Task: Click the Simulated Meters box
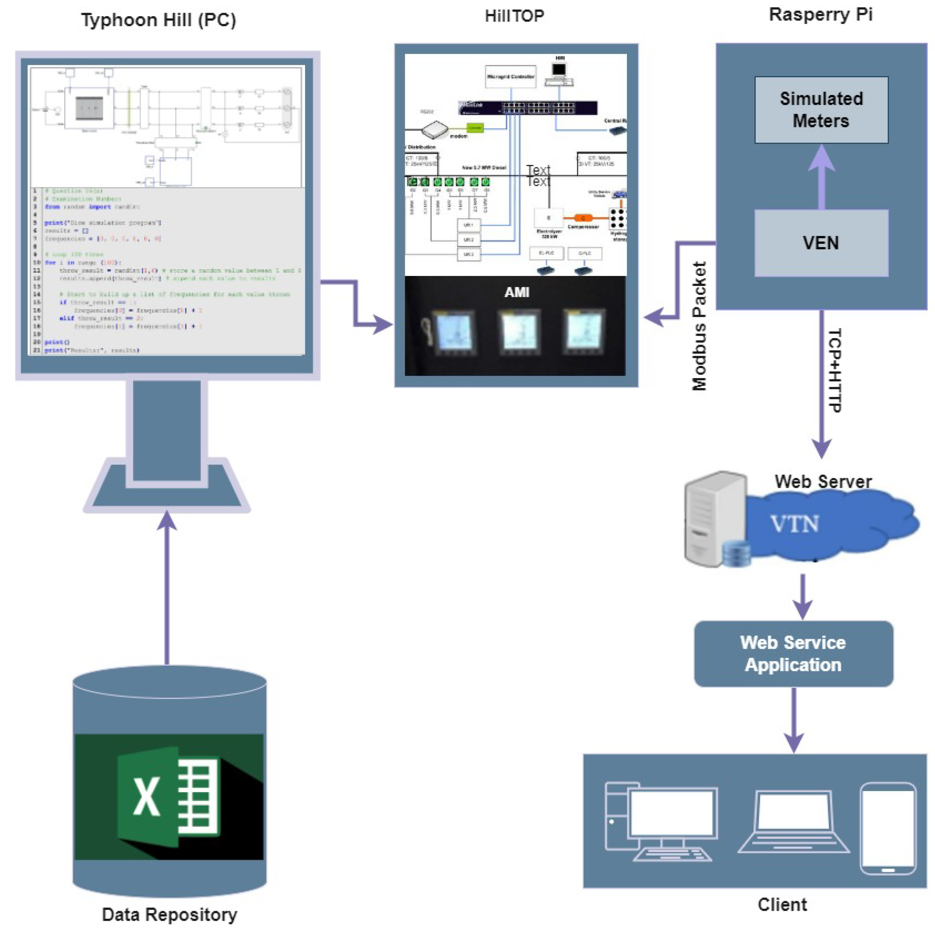coord(821,110)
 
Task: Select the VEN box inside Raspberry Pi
coord(821,243)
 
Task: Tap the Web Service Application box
coord(793,653)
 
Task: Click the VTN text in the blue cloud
coord(795,524)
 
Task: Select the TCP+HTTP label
coord(835,370)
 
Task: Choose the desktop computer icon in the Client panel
coord(660,822)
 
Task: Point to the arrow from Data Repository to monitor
coord(167,590)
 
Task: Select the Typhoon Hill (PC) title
coord(159,20)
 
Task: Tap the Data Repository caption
coord(169,914)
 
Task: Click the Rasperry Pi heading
coord(820,14)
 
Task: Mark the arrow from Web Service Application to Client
coord(794,719)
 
